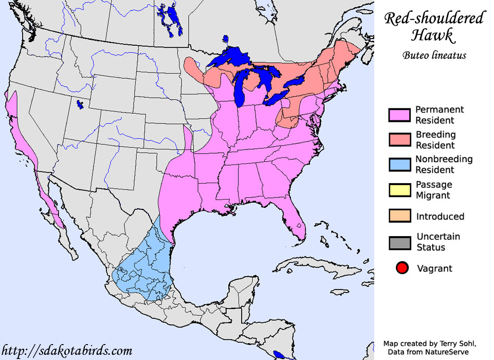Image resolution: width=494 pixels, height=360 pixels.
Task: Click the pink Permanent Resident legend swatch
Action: (x=399, y=115)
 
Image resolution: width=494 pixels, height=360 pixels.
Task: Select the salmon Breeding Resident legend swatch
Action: (x=399, y=140)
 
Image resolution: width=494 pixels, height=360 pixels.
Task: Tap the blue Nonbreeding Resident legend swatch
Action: (x=399, y=165)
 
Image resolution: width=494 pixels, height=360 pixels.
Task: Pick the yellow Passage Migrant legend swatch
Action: (x=399, y=190)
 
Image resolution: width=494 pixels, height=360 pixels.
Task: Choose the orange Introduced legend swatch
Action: (x=399, y=216)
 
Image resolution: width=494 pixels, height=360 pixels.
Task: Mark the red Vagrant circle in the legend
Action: (x=402, y=268)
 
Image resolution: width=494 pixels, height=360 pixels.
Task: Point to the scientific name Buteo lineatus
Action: (x=434, y=55)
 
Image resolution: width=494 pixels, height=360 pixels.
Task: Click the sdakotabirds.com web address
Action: (x=67, y=351)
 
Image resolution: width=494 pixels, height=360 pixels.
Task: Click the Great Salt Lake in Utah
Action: (x=80, y=105)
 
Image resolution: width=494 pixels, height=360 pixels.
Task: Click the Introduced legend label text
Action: (x=440, y=217)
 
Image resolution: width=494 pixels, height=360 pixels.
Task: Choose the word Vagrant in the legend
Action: (x=434, y=268)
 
